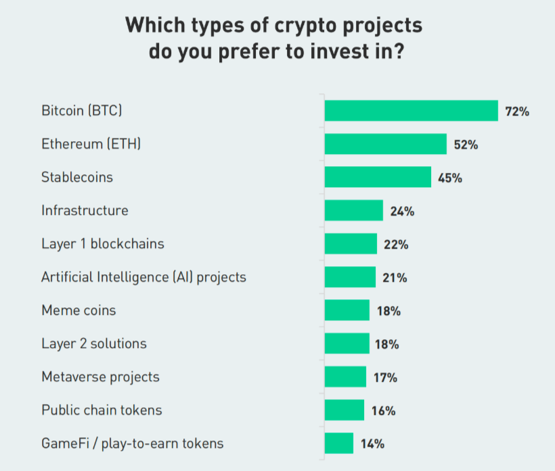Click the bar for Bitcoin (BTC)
(411, 111)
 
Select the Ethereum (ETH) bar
(385, 144)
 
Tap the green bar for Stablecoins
(378, 177)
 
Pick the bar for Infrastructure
(353, 210)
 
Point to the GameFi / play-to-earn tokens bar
(338, 443)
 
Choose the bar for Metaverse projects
(345, 377)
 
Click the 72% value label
(517, 111)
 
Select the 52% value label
(466, 145)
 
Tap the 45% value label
(449, 178)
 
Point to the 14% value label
(372, 444)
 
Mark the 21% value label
(395, 278)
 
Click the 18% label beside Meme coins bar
(388, 311)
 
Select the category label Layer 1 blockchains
(102, 243)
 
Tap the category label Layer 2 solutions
(93, 343)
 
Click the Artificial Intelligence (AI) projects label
(143, 277)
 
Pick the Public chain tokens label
(102, 410)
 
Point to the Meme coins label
(79, 310)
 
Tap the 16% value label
(383, 411)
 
